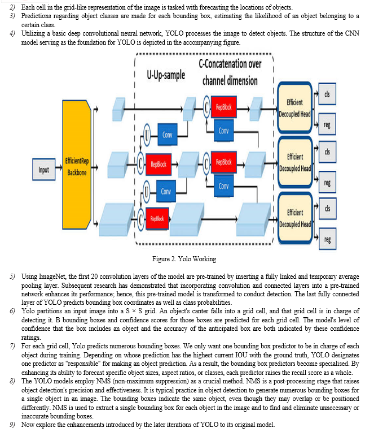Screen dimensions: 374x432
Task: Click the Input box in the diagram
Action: (43, 170)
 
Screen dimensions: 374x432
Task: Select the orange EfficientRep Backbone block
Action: (77, 165)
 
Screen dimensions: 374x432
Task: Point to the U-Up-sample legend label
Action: (166, 75)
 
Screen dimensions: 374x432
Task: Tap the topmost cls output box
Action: (327, 94)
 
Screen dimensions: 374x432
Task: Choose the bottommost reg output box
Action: (327, 239)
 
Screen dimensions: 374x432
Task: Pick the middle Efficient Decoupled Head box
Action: (295, 162)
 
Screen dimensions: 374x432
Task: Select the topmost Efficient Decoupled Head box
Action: (294, 108)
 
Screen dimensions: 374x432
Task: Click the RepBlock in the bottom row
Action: (157, 219)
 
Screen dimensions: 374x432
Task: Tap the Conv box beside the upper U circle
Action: (168, 135)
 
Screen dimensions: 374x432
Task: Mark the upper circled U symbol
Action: (147, 135)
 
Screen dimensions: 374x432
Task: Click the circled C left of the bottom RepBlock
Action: (141, 219)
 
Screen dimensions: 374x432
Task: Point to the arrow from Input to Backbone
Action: (59, 167)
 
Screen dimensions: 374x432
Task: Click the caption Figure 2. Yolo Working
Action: (184, 259)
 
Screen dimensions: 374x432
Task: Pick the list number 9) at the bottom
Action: (12, 425)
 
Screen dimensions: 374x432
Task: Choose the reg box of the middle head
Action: (327, 182)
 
